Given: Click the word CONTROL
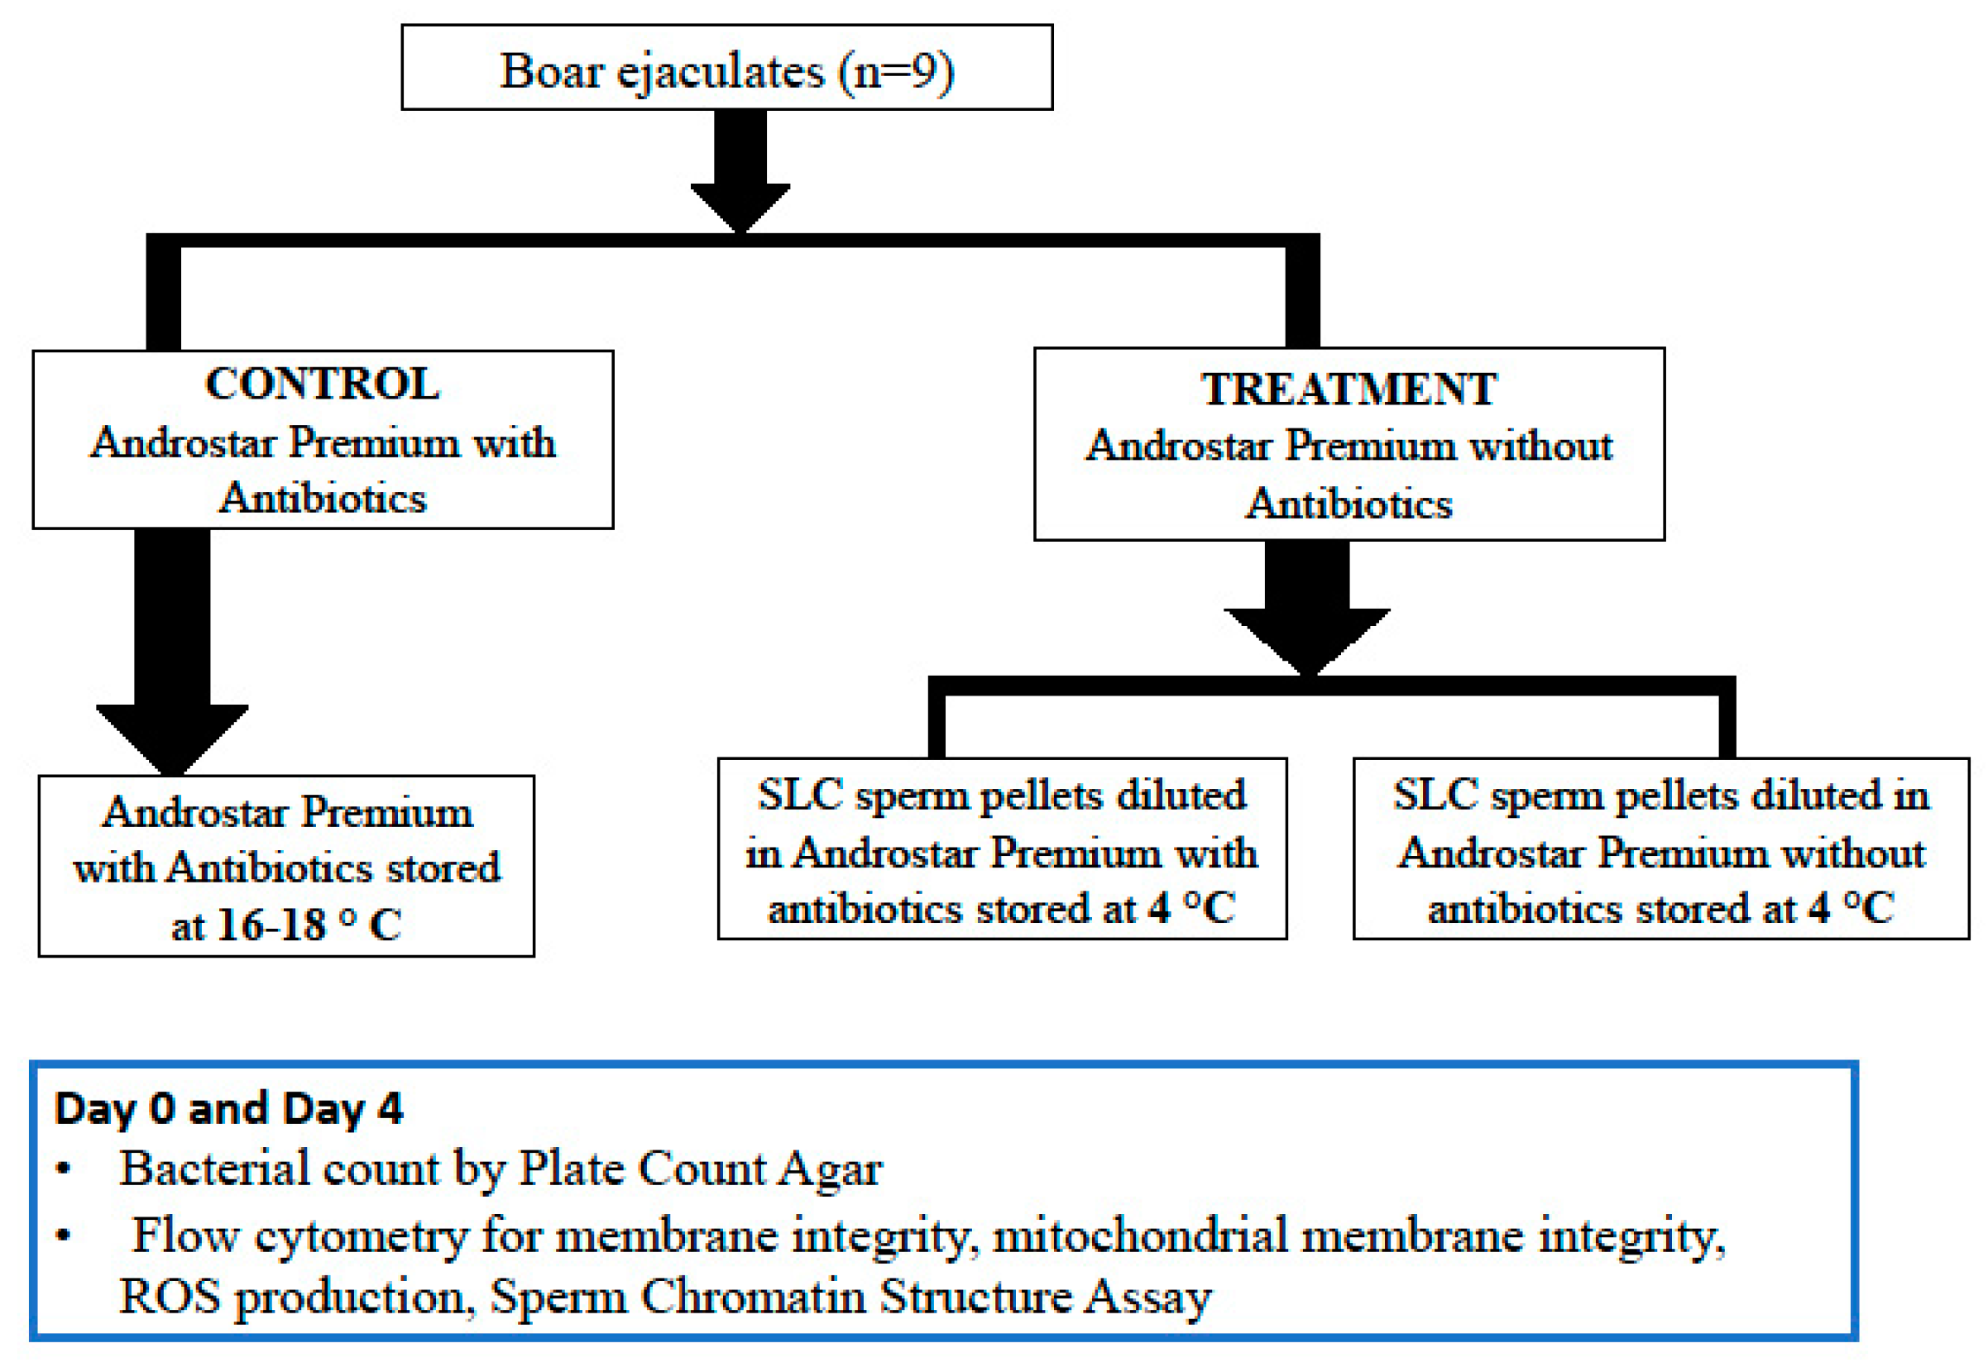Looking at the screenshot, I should [322, 384].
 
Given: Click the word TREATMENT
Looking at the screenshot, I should [1348, 390].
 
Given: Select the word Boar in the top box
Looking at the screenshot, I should [551, 70].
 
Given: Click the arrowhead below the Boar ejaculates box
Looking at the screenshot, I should [740, 204].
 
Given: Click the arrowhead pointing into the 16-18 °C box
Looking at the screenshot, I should [172, 737].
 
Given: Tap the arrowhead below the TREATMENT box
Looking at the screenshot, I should [1306, 638].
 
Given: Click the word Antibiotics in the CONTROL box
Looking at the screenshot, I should [323, 499].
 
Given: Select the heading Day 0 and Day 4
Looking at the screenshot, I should [228, 1108].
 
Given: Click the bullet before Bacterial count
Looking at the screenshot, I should [63, 1170].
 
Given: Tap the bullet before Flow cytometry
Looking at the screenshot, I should [63, 1236].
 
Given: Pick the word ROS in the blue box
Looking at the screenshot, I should [170, 1297].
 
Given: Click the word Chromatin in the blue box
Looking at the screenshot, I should [752, 1297].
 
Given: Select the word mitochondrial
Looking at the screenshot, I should [1139, 1236].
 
